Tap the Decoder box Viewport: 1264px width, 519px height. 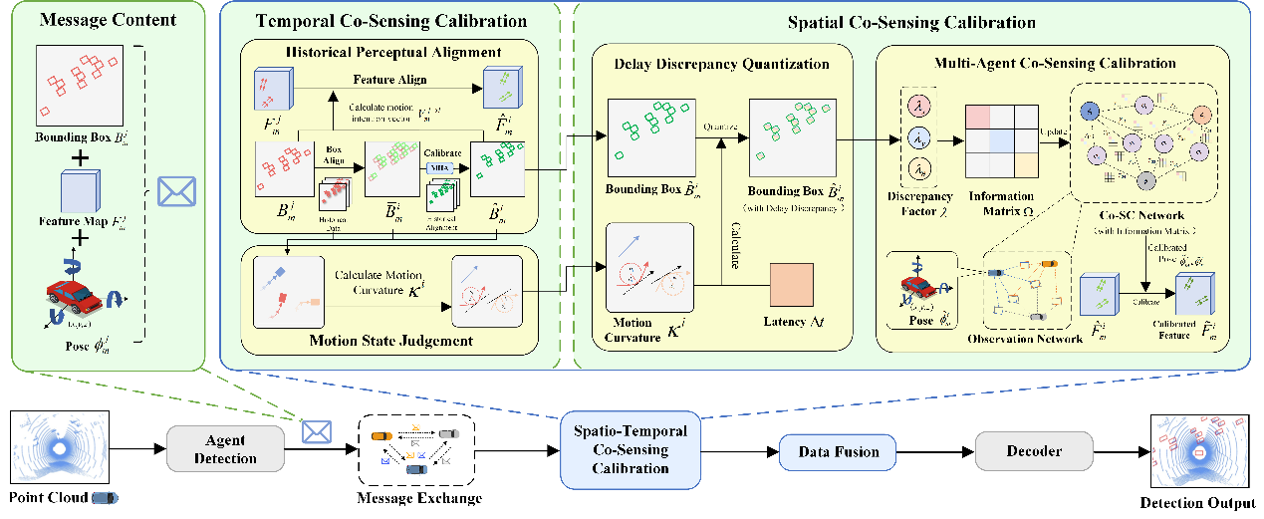pos(1033,451)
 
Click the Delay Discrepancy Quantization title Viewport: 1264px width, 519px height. pos(722,65)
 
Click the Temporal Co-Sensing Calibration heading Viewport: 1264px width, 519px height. pos(391,21)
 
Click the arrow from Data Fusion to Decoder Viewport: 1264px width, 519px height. pos(934,452)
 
